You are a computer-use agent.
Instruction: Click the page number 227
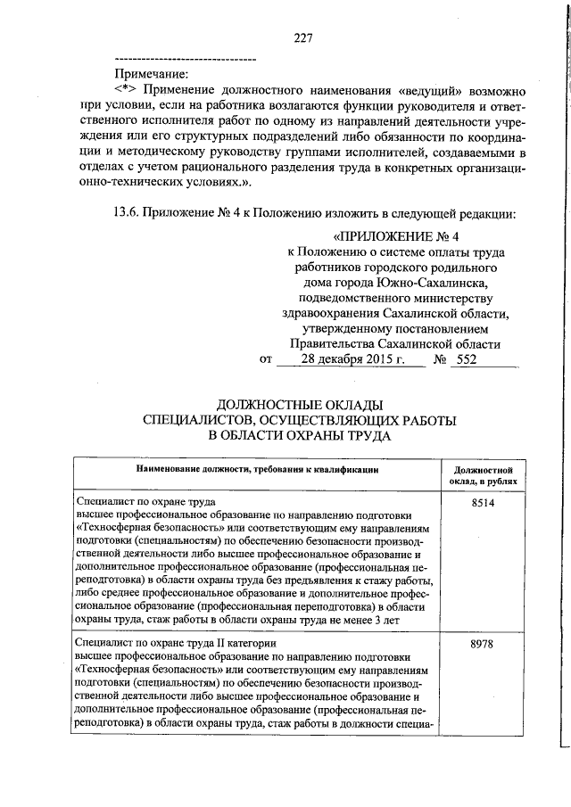click(302, 37)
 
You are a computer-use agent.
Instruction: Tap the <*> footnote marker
click(127, 91)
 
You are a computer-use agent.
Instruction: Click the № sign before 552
click(439, 359)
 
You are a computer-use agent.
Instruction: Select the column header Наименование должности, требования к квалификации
click(258, 468)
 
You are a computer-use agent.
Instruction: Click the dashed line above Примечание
click(186, 59)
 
